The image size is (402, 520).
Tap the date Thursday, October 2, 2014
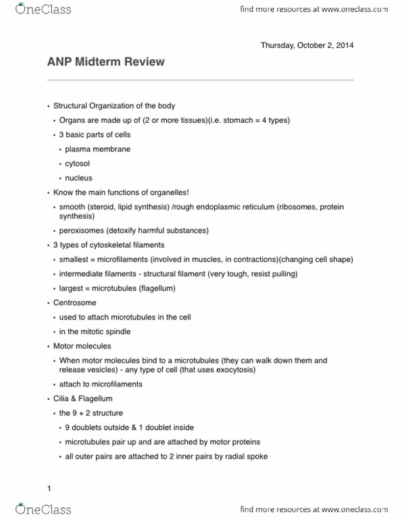click(307, 46)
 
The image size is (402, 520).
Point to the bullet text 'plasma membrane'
click(98, 149)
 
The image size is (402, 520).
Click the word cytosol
click(79, 163)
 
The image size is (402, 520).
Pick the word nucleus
click(78, 178)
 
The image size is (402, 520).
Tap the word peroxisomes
click(81, 230)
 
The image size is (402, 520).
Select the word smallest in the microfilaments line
click(75, 260)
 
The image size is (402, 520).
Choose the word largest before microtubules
click(72, 289)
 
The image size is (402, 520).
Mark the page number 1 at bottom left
click(49, 488)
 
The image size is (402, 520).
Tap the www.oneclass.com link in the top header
click(351, 10)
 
